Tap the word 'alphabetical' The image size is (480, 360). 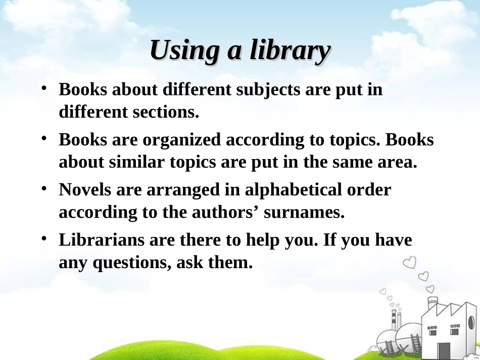pyautogui.click(x=293, y=190)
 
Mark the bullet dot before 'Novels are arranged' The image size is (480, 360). pyautogui.click(x=44, y=188)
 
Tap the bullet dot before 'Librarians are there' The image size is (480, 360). pyautogui.click(x=44, y=238)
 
